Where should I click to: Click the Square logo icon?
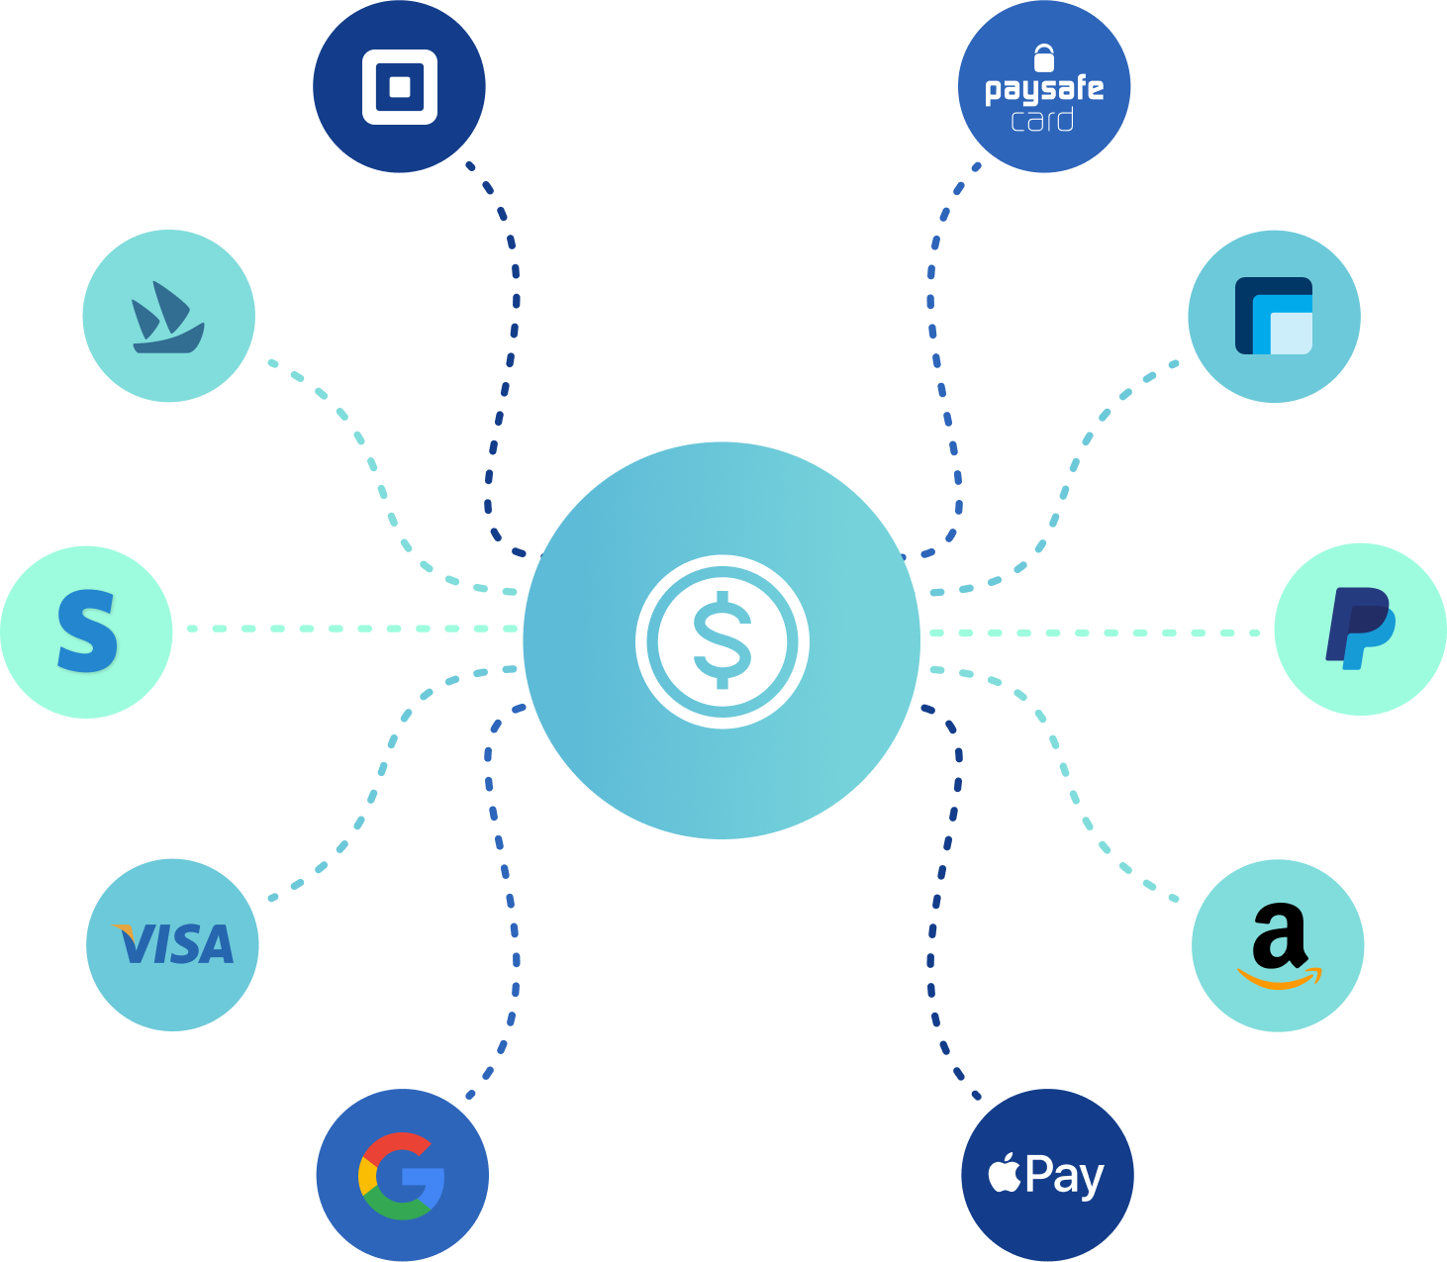(x=400, y=87)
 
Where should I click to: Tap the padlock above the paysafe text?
(x=1044, y=58)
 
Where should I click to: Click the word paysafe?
(x=1044, y=90)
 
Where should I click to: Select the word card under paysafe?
(x=1042, y=120)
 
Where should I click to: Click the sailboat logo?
(x=168, y=317)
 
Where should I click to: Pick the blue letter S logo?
(x=86, y=631)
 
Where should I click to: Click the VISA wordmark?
(x=173, y=943)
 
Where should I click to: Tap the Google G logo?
(x=402, y=1176)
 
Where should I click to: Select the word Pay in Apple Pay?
(x=1065, y=1177)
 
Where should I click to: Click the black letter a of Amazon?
(x=1279, y=935)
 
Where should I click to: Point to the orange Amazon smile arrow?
(x=1280, y=978)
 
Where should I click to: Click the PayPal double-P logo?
(x=1360, y=629)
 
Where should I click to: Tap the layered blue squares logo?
(x=1274, y=316)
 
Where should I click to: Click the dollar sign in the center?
(x=723, y=639)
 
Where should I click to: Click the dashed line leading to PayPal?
(x=1095, y=632)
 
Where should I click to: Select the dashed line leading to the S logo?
(x=352, y=629)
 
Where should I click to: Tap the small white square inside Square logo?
(x=400, y=87)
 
